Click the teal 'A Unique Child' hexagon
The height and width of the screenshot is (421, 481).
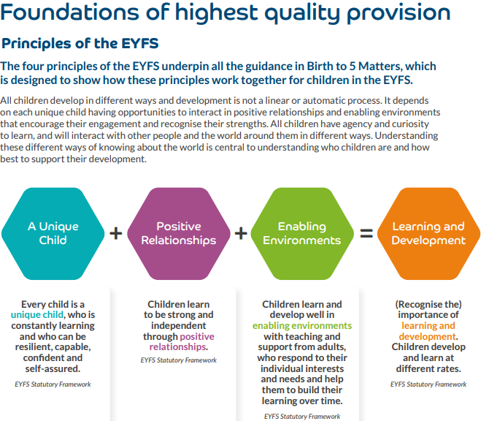[53, 232]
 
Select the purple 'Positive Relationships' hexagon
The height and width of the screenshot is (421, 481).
[178, 232]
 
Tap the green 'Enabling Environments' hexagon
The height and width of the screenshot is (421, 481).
[301, 232]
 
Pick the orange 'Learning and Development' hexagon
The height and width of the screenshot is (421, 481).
[428, 232]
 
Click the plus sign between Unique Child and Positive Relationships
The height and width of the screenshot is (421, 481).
[115, 233]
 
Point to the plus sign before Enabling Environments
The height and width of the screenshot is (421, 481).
[240, 233]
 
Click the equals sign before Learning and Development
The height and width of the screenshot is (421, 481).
[366, 233]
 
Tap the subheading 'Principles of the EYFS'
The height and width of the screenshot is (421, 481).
[80, 43]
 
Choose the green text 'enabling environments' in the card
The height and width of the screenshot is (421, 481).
[301, 325]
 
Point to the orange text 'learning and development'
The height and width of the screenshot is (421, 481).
[428, 331]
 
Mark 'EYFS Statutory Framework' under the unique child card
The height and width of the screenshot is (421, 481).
[53, 384]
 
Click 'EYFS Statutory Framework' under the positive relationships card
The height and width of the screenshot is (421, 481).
[178, 360]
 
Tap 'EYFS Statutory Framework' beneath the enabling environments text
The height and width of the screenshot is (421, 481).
[301, 416]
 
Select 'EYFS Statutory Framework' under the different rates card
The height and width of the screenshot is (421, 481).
[428, 384]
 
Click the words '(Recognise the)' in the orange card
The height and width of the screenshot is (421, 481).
[428, 304]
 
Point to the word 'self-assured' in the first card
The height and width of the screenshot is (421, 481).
[53, 369]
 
